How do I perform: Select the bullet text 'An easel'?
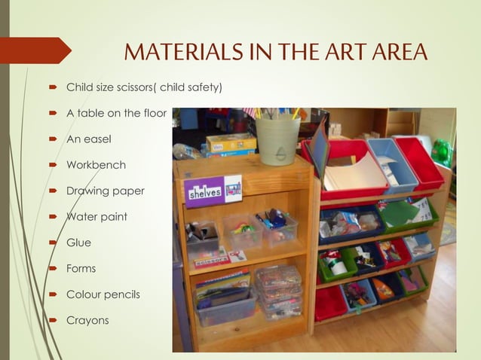(88, 139)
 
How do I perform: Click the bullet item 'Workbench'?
(96, 165)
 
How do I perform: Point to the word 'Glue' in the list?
(78, 243)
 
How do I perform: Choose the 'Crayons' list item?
(87, 320)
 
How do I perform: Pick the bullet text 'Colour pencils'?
(103, 294)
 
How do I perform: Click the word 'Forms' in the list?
(81, 268)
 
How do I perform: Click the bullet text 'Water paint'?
(97, 217)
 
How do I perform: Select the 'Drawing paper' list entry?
(105, 191)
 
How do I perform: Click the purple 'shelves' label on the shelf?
(204, 191)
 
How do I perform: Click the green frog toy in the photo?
(443, 151)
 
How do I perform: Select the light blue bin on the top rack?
(393, 162)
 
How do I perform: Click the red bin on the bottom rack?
(330, 303)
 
